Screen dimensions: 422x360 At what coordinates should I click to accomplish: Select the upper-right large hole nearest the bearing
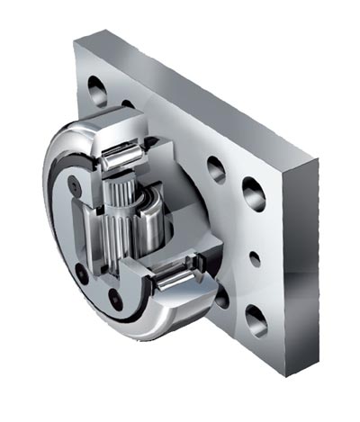(x=216, y=169)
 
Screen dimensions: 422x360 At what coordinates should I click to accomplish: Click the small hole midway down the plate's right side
(x=256, y=258)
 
